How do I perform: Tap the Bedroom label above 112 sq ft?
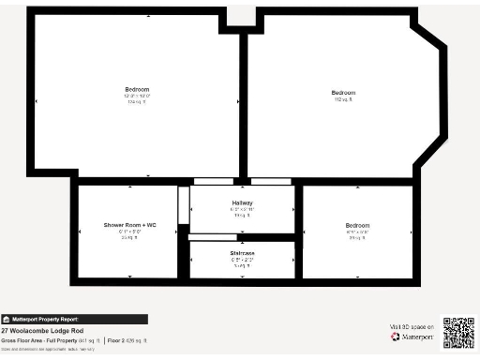[343, 92]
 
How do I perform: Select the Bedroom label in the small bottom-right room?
[357, 225]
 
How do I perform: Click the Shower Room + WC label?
[129, 225]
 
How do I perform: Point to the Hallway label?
[242, 202]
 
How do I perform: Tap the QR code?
[458, 333]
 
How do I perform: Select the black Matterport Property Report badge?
[45, 319]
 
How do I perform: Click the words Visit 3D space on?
[411, 326]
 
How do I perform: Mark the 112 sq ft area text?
[343, 99]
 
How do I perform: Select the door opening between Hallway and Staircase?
[211, 236]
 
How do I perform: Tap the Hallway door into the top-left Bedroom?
[213, 180]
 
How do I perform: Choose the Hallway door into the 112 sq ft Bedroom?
[271, 180]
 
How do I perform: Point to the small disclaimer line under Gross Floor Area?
[42, 347]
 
